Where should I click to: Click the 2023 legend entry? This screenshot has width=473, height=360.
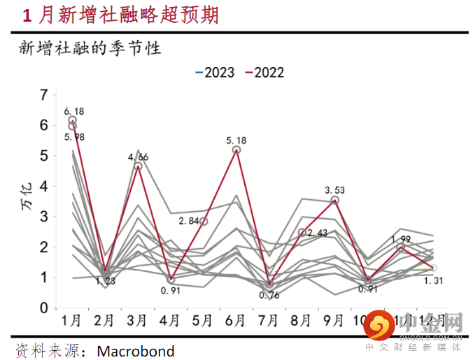pyautogui.click(x=216, y=72)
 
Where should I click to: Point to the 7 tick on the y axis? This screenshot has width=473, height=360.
pyautogui.click(x=45, y=94)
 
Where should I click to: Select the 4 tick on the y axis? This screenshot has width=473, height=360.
pyautogui.click(x=45, y=186)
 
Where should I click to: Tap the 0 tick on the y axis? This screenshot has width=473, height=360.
pyautogui.click(x=45, y=308)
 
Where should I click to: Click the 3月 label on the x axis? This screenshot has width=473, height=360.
pyautogui.click(x=137, y=322)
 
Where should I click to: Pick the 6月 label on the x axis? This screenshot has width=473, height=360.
pyautogui.click(x=236, y=322)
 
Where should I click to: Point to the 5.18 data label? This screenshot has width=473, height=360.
pyautogui.click(x=238, y=141)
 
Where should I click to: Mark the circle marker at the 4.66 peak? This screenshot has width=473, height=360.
pyautogui.click(x=138, y=166)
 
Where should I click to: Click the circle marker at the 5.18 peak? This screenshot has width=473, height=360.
pyautogui.click(x=236, y=150)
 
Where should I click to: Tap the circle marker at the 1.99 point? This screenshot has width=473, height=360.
pyautogui.click(x=401, y=248)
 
